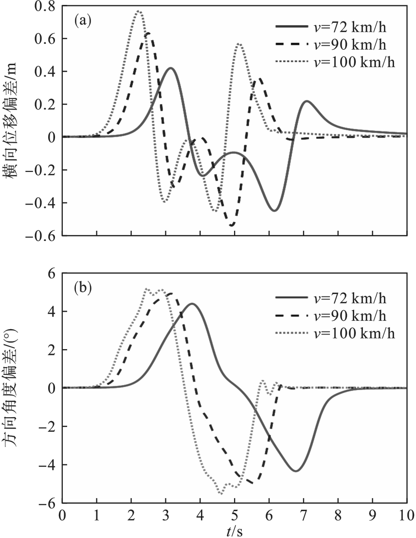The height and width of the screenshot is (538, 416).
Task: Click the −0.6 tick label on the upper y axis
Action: click(x=42, y=236)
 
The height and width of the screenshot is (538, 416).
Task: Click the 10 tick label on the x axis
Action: click(x=406, y=516)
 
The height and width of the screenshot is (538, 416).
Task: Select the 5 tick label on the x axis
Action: click(x=235, y=516)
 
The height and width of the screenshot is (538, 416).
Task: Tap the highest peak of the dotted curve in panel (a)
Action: click(x=139, y=11)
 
